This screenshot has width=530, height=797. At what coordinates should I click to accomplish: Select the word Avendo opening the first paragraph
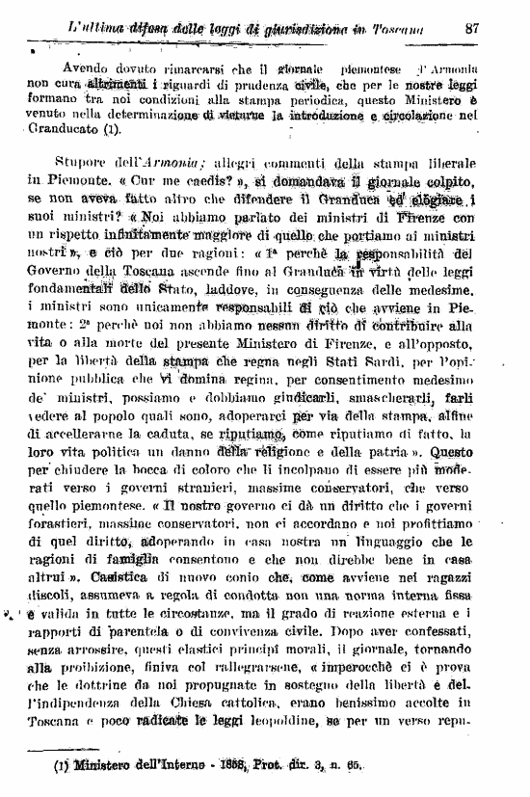[86, 69]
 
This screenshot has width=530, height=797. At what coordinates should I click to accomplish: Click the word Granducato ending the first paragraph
[56, 126]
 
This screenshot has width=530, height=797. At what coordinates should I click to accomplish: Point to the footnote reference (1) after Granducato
[104, 126]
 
